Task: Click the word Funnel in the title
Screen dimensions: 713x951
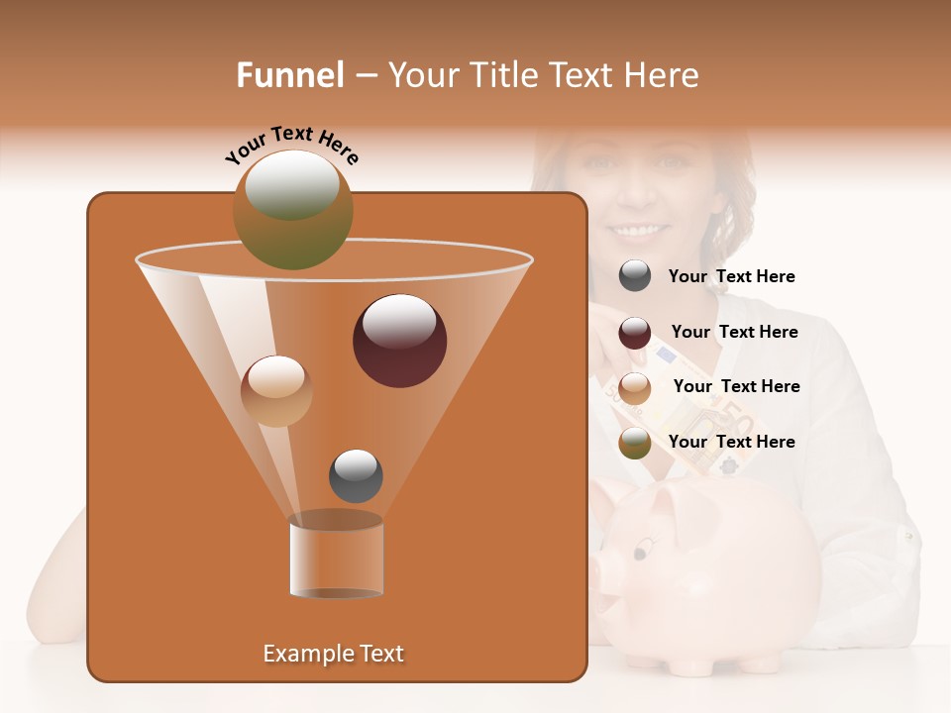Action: tap(289, 75)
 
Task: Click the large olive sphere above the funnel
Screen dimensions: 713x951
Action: tap(293, 209)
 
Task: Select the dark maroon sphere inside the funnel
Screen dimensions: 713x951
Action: tap(399, 341)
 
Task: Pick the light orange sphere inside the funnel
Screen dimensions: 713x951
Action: tap(276, 391)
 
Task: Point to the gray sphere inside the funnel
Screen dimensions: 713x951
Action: tap(356, 475)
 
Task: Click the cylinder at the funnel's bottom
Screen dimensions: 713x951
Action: tap(336, 557)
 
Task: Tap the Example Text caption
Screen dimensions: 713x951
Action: tap(333, 654)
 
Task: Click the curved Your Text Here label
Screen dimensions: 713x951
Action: tap(292, 144)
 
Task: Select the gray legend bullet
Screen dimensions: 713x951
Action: tap(635, 276)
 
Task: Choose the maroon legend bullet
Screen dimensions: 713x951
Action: tap(635, 333)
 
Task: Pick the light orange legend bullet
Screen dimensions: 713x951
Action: tap(635, 387)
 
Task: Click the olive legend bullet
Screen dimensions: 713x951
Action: tap(635, 443)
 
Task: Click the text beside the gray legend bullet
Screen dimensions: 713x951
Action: tap(731, 277)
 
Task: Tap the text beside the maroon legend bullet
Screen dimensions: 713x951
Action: tap(734, 332)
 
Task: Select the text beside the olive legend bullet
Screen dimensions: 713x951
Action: tap(731, 442)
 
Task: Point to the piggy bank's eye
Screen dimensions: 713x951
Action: tap(645, 544)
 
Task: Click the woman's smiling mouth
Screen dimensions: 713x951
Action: tap(639, 231)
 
